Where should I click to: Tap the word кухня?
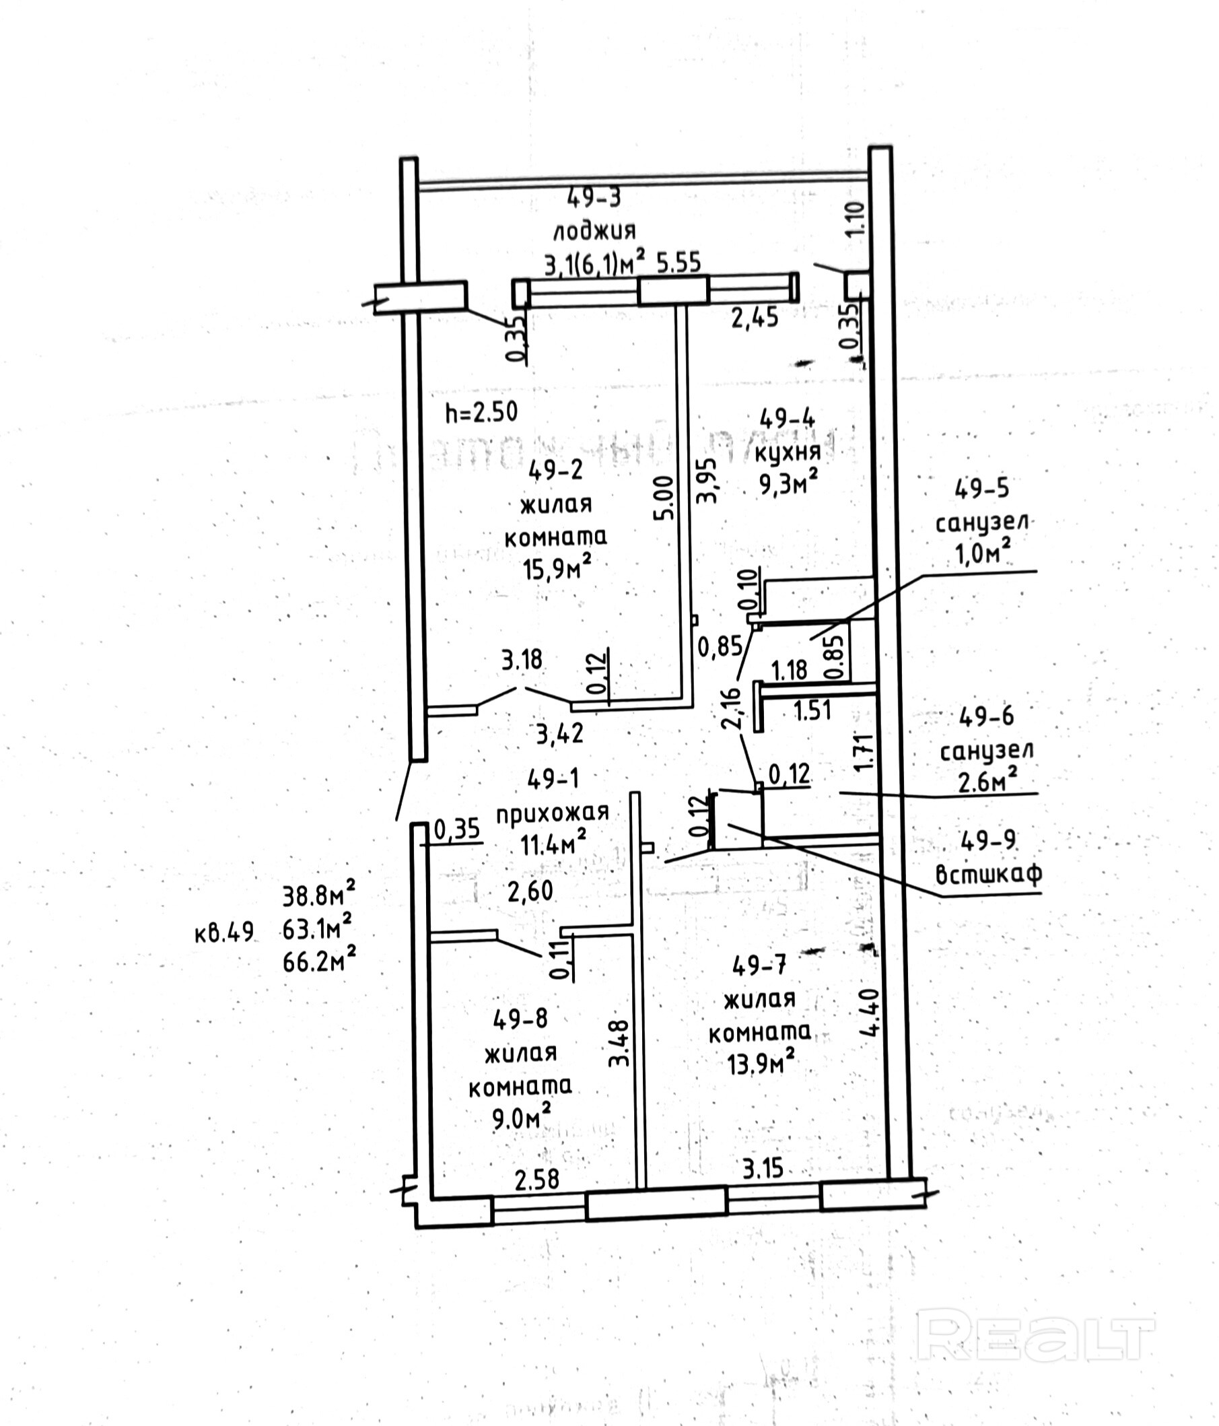(x=788, y=452)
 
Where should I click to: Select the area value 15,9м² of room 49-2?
(x=557, y=568)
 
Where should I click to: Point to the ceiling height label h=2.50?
(x=481, y=412)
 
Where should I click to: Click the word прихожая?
(x=553, y=813)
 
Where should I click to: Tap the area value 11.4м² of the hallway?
(x=553, y=843)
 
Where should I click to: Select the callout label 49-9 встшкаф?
(x=988, y=857)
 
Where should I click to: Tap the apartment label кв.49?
(x=224, y=933)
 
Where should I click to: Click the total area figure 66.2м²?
(x=318, y=960)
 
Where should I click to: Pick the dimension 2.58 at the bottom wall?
(x=536, y=1180)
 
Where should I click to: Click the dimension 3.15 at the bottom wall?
(x=762, y=1169)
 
